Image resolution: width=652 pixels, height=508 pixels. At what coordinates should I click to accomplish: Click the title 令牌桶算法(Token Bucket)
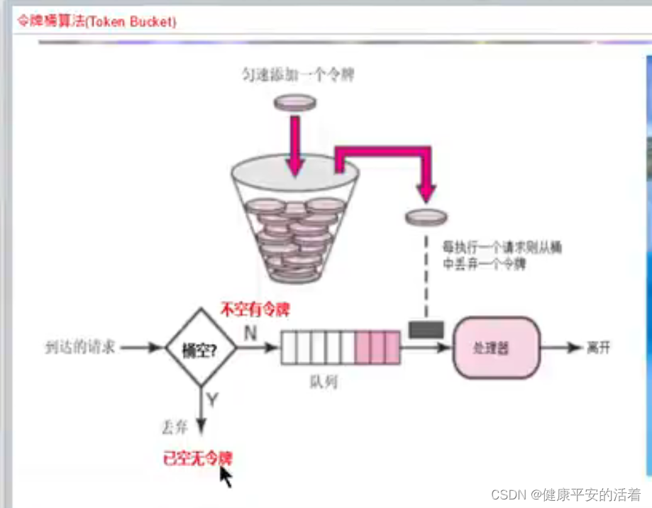coord(97,21)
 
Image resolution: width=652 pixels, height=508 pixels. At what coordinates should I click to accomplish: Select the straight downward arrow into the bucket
coord(295,145)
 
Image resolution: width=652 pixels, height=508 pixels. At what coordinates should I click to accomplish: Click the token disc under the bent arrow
coord(426,216)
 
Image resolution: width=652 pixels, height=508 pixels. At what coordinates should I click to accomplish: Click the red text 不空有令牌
coord(256,309)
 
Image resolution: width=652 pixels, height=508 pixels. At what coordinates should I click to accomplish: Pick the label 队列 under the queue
coord(324,382)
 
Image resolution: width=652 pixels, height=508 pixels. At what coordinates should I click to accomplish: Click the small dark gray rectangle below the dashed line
coord(426,330)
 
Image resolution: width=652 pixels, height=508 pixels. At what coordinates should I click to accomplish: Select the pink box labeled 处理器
coord(492,348)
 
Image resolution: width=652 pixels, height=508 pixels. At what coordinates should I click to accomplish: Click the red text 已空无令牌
coord(197,459)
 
